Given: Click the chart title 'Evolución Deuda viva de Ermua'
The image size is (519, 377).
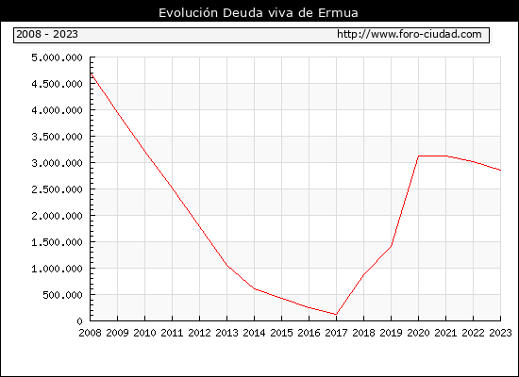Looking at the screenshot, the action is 259,13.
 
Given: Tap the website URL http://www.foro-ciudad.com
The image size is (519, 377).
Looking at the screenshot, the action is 410,34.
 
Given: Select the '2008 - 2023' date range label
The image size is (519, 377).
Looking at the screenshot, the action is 47,34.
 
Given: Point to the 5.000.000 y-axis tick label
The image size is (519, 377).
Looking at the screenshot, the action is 57,57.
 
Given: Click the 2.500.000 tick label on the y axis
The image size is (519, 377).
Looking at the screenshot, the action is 57,189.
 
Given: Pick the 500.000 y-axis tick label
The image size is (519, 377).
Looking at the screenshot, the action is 62,295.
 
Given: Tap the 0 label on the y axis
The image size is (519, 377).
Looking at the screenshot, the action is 79,321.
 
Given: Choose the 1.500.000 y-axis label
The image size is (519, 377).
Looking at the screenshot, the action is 57,242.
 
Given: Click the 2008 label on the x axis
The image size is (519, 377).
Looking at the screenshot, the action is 90,333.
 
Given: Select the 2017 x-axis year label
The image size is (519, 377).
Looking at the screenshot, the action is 336,333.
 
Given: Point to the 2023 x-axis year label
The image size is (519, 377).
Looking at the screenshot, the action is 500,333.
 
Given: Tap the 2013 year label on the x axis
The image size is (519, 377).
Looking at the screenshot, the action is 226,333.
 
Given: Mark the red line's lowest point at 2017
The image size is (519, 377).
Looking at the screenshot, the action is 336,314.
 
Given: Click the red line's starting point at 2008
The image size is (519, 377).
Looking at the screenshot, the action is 91,74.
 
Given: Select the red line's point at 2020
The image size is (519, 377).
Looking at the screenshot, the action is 418,156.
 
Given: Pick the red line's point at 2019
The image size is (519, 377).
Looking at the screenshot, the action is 391,246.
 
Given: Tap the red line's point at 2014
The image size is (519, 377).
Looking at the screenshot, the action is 254,288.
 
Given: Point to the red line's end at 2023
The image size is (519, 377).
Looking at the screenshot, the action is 500,171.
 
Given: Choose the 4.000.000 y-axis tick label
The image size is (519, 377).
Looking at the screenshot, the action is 57,110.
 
